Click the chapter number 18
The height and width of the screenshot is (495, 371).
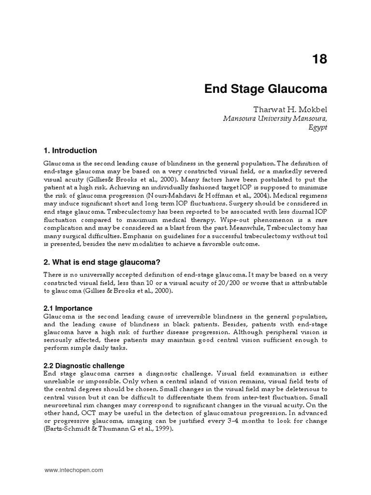pyautogui.click(x=319, y=59)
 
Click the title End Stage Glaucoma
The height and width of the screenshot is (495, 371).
pyautogui.click(x=266, y=89)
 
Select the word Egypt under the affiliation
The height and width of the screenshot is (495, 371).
pyautogui.click(x=316, y=127)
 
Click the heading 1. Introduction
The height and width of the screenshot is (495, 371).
pyautogui.click(x=71, y=150)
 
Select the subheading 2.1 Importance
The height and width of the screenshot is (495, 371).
pyautogui.click(x=68, y=308)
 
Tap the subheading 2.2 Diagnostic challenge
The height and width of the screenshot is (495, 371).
pyautogui.click(x=84, y=365)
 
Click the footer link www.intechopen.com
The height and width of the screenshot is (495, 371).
pyautogui.click(x=74, y=470)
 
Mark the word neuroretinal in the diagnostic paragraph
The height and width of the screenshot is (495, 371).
pyautogui.click(x=64, y=406)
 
